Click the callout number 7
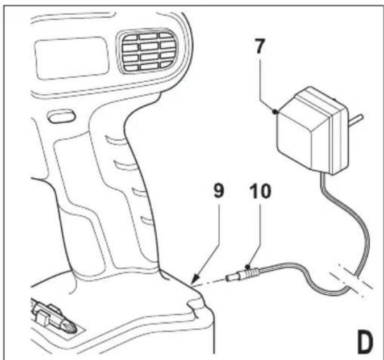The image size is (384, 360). (x=260, y=47)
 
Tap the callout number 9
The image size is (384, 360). (x=219, y=191)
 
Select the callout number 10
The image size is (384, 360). (x=260, y=191)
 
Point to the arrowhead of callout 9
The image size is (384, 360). (x=195, y=281)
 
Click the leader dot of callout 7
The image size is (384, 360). (x=275, y=112)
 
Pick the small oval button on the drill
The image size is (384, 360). (x=61, y=116)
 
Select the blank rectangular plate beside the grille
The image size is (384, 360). (x=72, y=58)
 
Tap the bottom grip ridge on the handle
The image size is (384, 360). (x=148, y=220)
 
